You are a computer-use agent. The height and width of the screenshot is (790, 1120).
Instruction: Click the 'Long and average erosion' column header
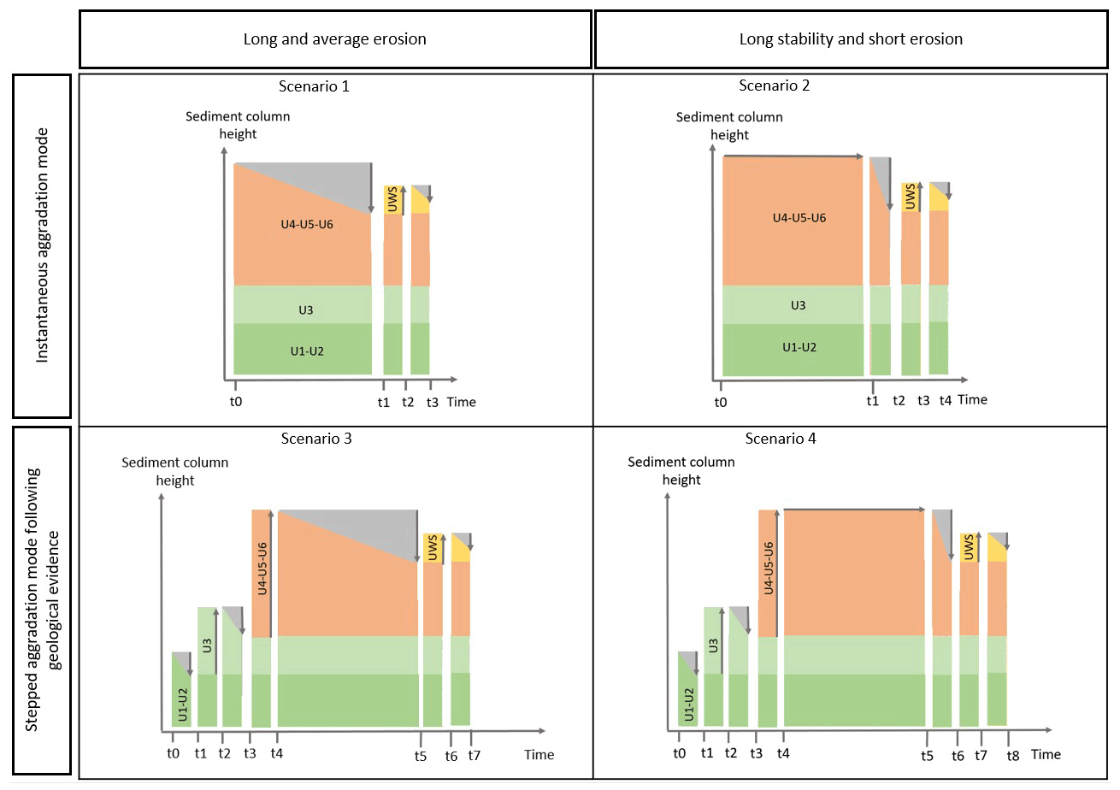pos(334,39)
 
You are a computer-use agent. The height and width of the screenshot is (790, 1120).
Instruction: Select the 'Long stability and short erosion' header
pos(851,39)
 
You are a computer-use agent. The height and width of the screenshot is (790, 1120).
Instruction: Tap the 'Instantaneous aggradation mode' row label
pos(44,245)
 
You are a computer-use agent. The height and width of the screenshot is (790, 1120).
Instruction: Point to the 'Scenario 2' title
pos(774,85)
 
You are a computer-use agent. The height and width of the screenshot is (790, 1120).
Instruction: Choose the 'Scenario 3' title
pos(316,439)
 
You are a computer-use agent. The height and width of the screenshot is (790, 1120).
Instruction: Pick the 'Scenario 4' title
pos(781,439)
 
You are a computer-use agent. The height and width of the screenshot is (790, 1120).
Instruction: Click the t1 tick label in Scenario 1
pos(384,402)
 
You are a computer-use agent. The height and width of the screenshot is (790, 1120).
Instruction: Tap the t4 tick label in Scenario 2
pos(945,400)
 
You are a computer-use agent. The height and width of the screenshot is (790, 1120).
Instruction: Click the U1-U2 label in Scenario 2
pos(799,347)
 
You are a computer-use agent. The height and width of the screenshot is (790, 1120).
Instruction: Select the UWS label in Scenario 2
pos(910,196)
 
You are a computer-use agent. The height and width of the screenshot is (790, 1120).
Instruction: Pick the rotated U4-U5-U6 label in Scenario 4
pos(769,568)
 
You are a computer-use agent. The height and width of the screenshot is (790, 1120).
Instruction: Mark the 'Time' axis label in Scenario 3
pos(539,755)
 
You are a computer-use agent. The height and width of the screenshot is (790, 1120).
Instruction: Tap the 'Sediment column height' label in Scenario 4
pos(681,471)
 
